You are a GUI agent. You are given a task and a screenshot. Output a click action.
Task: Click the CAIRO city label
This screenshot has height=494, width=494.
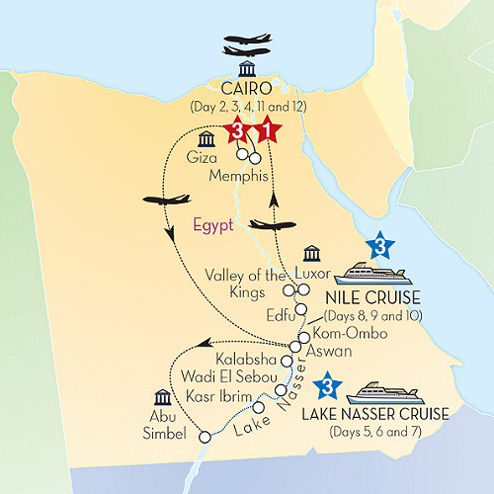246,89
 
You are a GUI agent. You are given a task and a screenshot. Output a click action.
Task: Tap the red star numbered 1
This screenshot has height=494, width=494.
268,129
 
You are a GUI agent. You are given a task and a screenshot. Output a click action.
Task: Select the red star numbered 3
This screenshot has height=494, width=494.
237,130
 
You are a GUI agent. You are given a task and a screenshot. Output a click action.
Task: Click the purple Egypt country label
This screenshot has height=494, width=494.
213,226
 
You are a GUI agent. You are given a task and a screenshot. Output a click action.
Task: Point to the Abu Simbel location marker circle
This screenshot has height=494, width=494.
205,437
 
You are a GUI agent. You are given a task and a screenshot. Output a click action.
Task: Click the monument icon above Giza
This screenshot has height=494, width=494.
206,139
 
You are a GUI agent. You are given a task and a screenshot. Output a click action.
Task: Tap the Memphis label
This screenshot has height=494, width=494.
239,176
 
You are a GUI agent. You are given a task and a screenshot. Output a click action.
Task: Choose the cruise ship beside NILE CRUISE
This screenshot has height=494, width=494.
373,274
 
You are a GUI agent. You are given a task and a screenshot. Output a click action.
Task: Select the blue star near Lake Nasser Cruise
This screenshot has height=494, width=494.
327,385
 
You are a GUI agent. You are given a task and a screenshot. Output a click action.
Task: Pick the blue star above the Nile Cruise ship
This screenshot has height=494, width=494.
380,245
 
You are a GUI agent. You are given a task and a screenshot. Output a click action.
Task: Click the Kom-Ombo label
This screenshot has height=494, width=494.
350,333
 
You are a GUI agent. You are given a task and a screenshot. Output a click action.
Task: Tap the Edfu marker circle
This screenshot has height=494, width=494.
301,309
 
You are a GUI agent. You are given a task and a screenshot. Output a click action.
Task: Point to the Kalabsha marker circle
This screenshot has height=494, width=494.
287,361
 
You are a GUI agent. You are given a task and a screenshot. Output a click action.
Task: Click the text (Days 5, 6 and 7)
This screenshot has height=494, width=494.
375,432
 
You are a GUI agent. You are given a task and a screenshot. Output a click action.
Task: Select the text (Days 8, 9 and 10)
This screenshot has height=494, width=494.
372,316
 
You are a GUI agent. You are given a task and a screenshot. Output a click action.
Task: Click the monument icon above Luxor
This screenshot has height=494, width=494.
311,253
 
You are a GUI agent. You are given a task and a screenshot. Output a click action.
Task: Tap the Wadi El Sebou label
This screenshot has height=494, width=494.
229,376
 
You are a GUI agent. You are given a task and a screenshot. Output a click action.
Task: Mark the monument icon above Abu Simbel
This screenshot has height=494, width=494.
163,397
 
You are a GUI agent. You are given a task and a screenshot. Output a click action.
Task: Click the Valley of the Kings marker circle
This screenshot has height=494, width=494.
288,290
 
